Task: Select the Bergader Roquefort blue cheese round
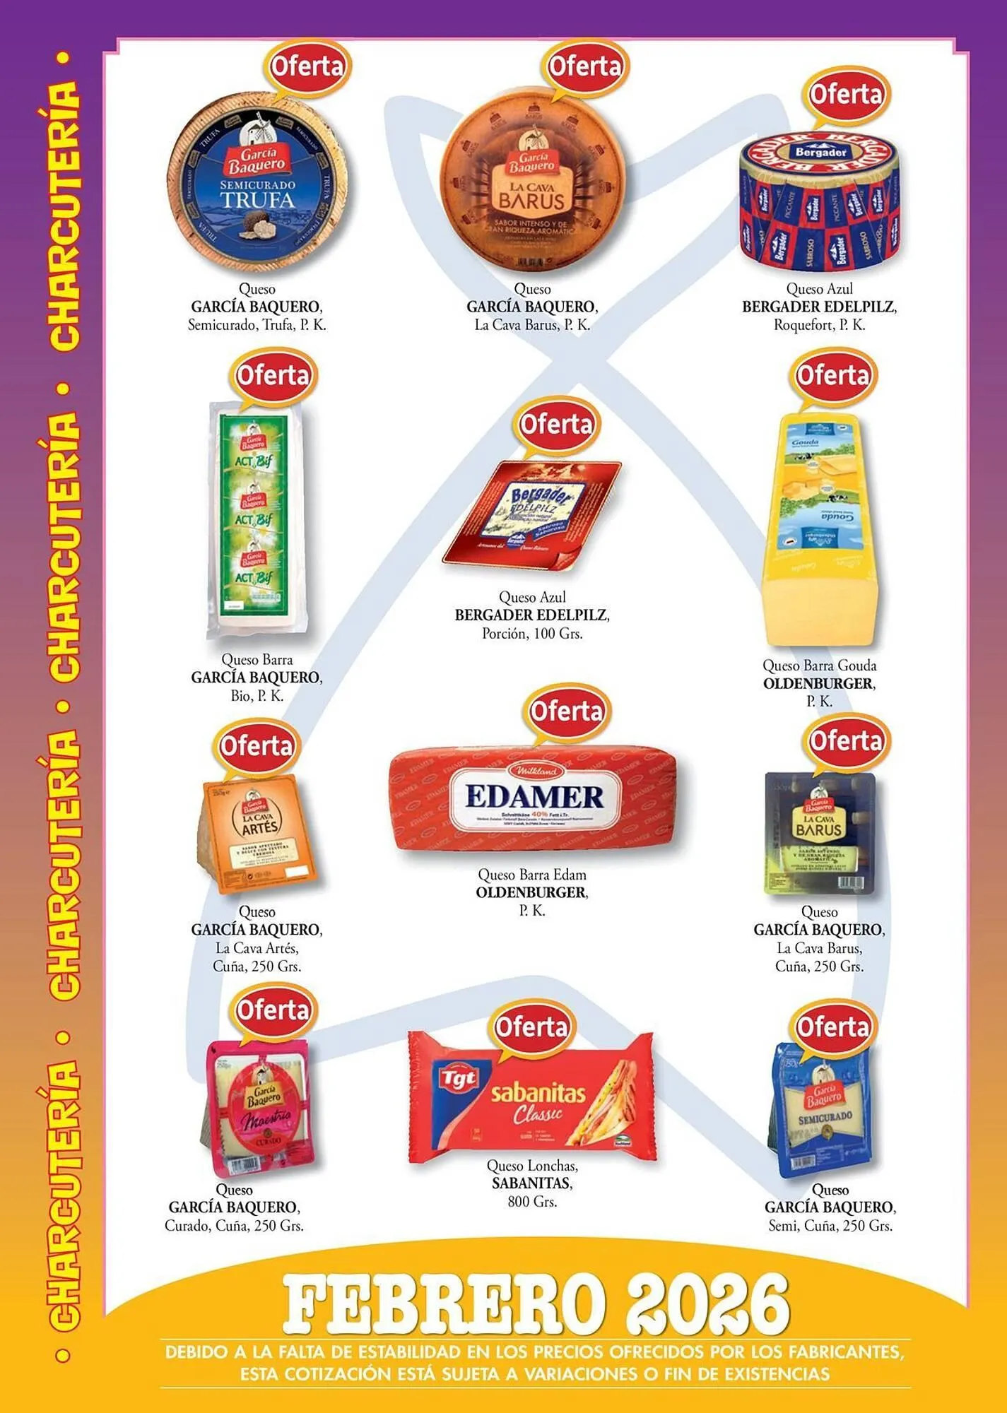pyautogui.click(x=820, y=201)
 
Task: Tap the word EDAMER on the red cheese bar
pyautogui.click(x=535, y=797)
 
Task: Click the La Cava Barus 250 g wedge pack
pyautogui.click(x=820, y=834)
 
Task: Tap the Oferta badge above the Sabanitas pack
pyautogui.click(x=531, y=1027)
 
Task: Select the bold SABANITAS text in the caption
pyautogui.click(x=532, y=1183)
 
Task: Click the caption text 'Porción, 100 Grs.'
pyautogui.click(x=532, y=634)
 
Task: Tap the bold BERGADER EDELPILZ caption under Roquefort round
pyautogui.click(x=819, y=307)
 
